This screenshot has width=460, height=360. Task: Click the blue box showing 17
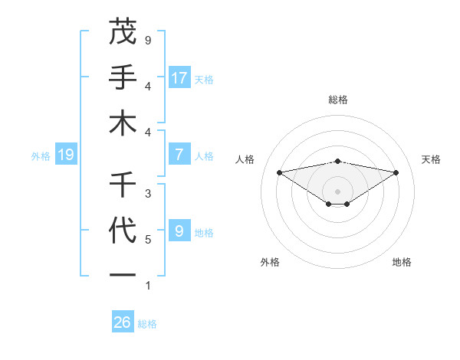pos(179,77)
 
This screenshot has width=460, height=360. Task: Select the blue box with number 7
pos(179,155)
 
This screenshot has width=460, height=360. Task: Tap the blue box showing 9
pos(179,231)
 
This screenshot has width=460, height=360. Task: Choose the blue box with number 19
pos(66,155)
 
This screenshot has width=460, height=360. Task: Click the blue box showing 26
pos(123,322)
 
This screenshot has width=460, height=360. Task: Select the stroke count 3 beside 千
pos(148,193)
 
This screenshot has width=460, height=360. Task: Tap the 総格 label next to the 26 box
pos(147,324)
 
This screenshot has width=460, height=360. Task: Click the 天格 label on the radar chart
pos(431,159)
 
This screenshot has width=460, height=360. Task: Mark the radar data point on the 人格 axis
pos(279,172)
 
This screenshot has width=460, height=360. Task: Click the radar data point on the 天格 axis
pos(396,172)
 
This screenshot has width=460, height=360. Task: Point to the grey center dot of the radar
pos(337,191)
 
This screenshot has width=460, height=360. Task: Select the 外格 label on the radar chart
pos(270,262)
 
